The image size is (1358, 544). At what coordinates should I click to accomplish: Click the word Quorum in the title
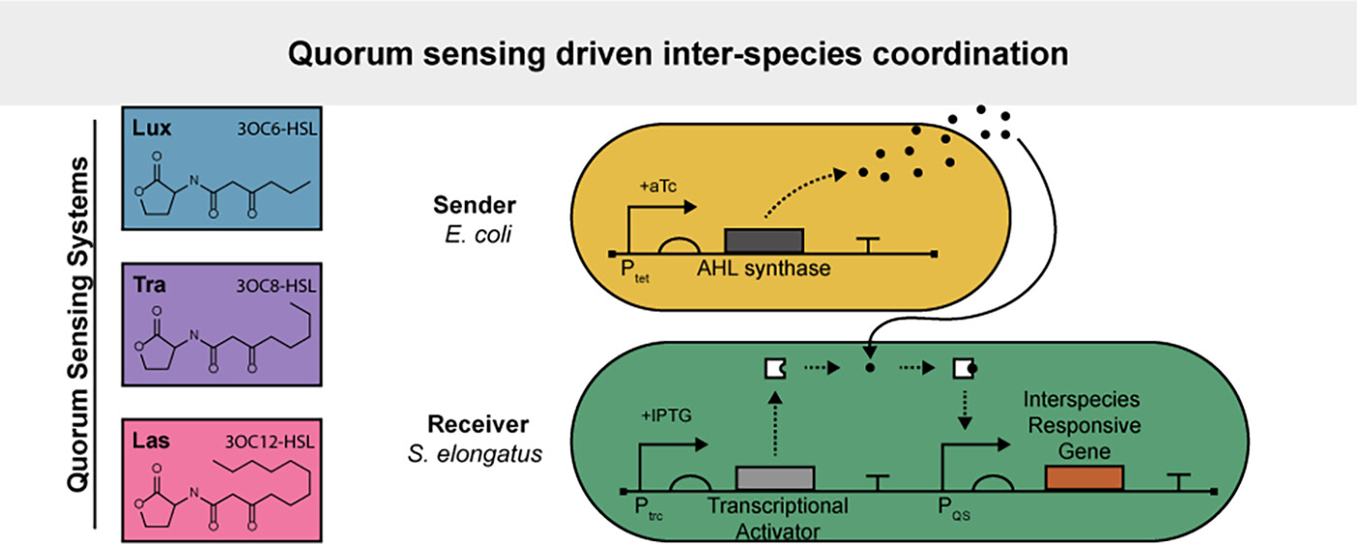coord(343,54)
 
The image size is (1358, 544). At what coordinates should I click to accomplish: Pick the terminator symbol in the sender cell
coord(872,246)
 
